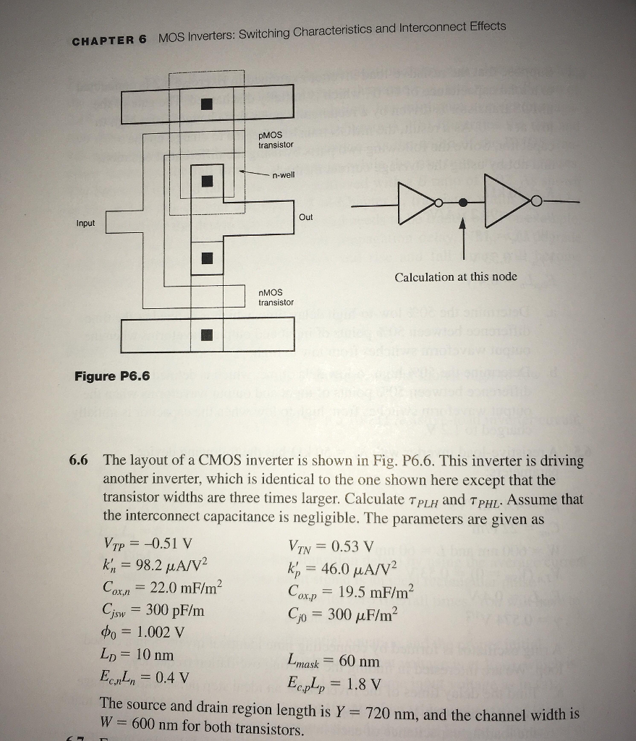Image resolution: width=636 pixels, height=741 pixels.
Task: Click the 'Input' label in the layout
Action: pyautogui.click(x=85, y=223)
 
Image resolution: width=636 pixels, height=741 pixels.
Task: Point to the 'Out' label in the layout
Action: pyautogui.click(x=306, y=217)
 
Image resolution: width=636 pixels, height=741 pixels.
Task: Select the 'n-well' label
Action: pyautogui.click(x=284, y=175)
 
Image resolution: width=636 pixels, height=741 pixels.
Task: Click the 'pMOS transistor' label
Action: pyautogui.click(x=276, y=140)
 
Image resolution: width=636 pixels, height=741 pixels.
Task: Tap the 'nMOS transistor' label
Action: pyautogui.click(x=276, y=297)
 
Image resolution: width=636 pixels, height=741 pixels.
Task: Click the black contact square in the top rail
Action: pyautogui.click(x=208, y=103)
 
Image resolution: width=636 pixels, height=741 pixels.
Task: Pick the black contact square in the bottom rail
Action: pyautogui.click(x=208, y=333)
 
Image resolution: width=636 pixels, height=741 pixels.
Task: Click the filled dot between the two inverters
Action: pyautogui.click(x=464, y=203)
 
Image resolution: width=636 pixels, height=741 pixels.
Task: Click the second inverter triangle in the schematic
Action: pyautogui.click(x=511, y=201)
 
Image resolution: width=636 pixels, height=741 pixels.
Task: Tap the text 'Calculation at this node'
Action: pyautogui.click(x=456, y=277)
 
